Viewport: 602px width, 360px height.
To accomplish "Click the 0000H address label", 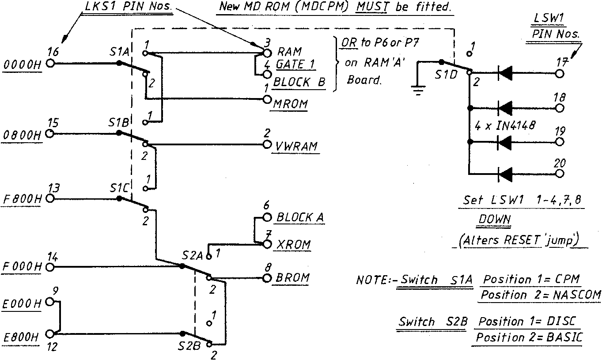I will (22, 65).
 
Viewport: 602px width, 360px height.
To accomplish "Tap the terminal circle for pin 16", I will (50, 63).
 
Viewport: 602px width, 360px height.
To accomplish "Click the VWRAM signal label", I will (297, 146).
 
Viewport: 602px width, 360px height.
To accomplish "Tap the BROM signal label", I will (292, 278).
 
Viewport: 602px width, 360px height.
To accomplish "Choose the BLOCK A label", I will (300, 217).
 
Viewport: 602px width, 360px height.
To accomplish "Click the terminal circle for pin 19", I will (560, 142).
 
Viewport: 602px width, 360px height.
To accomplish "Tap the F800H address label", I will (22, 200).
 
